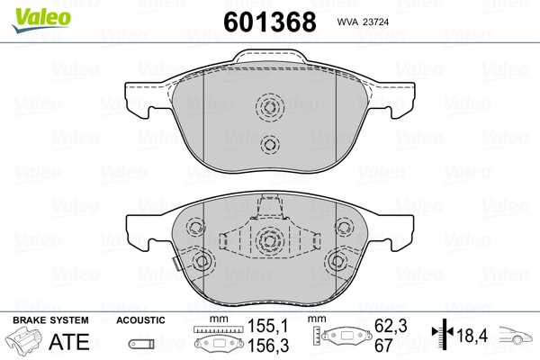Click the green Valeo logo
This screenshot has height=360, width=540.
(x=41, y=20)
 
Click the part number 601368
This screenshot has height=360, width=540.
(x=270, y=22)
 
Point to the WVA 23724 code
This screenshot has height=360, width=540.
(x=363, y=22)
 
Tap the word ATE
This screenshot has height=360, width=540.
(x=69, y=341)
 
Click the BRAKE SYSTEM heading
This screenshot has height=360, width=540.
(x=50, y=320)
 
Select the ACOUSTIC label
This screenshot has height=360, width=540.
(x=140, y=320)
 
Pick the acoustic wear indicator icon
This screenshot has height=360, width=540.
(x=141, y=344)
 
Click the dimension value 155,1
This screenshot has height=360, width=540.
(x=267, y=326)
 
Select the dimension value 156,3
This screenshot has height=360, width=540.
(x=268, y=346)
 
